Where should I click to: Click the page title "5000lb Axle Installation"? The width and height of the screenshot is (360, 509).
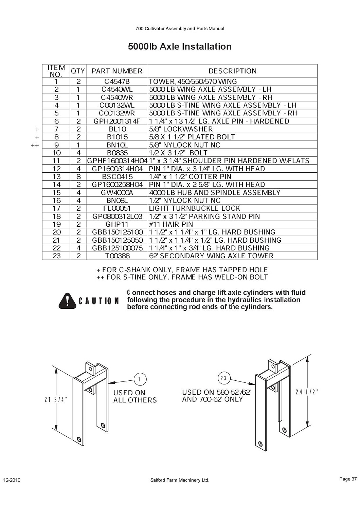[180, 46]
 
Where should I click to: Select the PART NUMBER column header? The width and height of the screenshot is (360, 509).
[117, 71]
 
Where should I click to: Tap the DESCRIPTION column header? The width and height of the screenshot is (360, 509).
[232, 71]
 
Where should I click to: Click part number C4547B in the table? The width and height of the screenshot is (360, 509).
[117, 81]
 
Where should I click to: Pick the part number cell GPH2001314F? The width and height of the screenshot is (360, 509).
[117, 121]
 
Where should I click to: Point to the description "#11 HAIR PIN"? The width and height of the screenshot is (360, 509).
[171, 224]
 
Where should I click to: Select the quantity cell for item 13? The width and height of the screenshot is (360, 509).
[78, 176]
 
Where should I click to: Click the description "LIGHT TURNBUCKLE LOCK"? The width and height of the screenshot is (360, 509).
[195, 208]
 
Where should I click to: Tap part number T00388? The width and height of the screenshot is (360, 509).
[118, 256]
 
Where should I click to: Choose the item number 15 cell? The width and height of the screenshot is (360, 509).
[56, 192]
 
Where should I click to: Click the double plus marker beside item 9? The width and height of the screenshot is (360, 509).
[35, 145]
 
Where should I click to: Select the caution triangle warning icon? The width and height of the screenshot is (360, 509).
[67, 301]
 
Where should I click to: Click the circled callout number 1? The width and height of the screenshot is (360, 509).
[139, 379]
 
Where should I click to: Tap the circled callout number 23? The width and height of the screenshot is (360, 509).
[223, 378]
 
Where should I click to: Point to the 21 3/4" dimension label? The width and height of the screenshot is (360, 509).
[55, 400]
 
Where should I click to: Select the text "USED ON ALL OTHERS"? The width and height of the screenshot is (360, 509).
[135, 397]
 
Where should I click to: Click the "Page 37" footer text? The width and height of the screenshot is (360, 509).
[348, 479]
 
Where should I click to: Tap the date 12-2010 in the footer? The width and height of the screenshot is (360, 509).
[12, 480]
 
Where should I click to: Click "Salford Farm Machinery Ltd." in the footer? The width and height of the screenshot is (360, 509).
[180, 480]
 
